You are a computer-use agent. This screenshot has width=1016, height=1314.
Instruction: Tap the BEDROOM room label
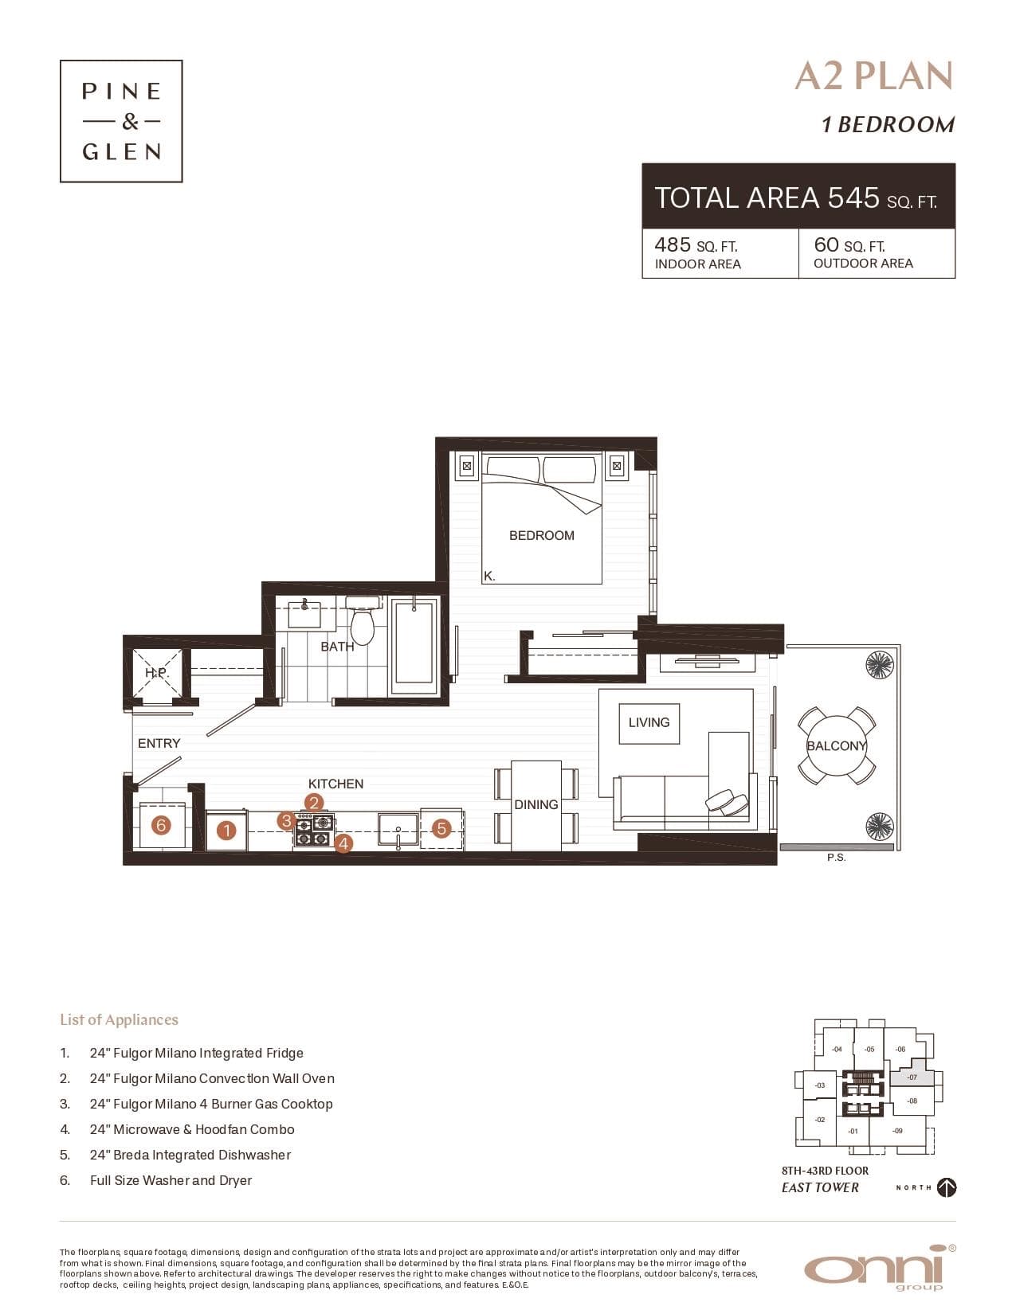click(542, 535)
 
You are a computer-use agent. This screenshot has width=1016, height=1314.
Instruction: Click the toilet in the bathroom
click(363, 620)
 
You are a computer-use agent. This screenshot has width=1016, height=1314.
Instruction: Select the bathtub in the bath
click(414, 647)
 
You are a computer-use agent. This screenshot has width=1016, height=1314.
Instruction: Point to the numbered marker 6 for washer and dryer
click(161, 825)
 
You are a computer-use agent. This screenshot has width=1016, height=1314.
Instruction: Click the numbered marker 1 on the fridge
click(226, 831)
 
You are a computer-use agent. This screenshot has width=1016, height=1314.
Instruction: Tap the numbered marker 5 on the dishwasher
click(441, 828)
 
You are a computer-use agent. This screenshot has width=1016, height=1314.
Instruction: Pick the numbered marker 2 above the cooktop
click(313, 803)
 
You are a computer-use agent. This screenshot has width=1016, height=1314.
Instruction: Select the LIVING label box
click(649, 723)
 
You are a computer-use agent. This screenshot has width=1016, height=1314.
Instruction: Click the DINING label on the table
click(536, 805)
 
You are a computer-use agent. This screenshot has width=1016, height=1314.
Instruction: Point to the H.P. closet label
click(156, 673)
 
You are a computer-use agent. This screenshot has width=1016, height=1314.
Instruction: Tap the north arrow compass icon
click(946, 1187)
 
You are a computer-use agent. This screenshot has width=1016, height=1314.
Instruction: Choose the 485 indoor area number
click(673, 245)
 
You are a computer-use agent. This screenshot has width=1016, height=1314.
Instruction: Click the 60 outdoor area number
click(826, 244)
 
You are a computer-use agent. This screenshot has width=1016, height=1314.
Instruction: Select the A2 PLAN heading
click(874, 76)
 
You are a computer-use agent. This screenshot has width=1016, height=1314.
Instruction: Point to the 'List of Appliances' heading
click(120, 1019)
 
